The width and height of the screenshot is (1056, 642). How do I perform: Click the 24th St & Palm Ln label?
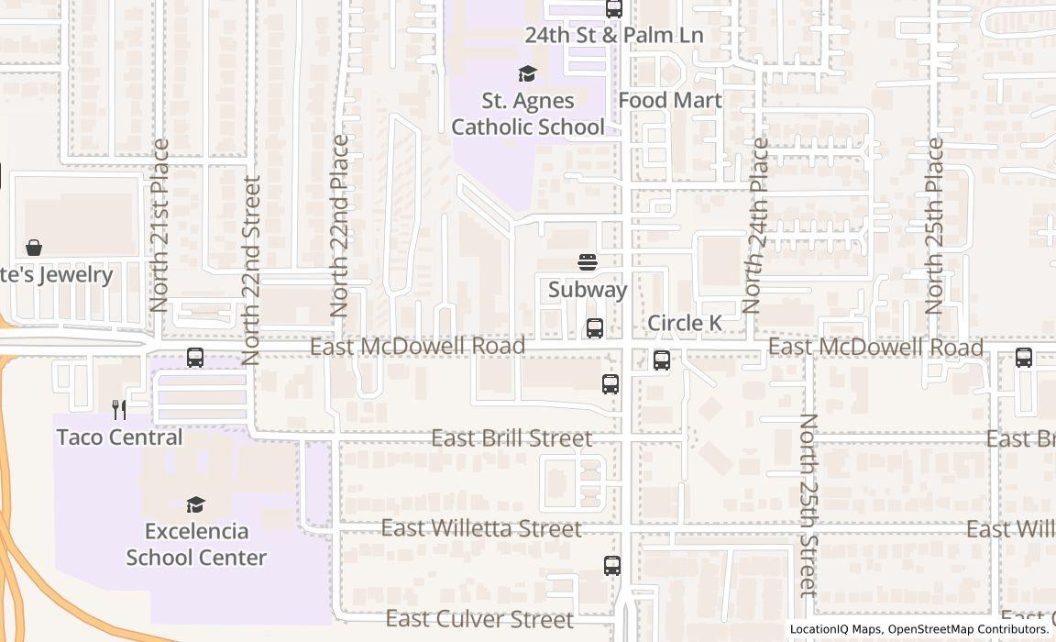613,36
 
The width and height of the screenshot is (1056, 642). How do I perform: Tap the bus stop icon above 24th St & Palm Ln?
614,9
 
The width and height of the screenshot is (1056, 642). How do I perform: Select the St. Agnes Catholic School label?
527,114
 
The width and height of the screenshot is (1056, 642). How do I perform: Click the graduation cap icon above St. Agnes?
527,73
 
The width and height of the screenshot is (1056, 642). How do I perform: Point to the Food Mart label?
670,100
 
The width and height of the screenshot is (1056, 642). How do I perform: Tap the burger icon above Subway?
588,263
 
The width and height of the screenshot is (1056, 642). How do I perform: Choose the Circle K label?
685,324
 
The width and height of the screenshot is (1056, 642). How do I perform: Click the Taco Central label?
120,437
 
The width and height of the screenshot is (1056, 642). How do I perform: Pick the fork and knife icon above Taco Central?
119,409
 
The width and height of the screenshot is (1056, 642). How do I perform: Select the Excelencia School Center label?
196,544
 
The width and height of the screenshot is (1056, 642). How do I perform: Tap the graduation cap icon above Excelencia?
195,504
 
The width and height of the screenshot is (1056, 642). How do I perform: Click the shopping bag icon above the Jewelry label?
34,248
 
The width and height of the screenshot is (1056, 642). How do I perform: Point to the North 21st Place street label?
160,226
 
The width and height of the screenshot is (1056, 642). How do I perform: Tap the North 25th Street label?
808,506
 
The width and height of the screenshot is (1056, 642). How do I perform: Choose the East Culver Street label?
479,619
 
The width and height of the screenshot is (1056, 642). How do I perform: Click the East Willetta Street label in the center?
481,529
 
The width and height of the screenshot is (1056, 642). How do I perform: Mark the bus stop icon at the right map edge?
1024,358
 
